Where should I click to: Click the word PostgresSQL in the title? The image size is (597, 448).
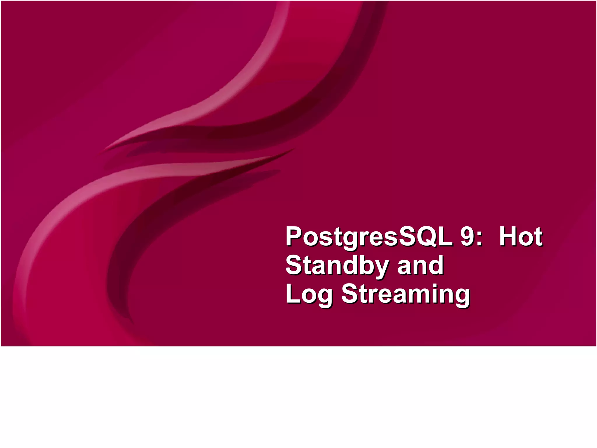tap(368, 237)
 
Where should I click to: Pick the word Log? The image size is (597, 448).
tap(309, 294)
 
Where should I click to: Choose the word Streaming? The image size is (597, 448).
tap(405, 294)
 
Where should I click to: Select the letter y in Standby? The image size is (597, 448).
tap(379, 268)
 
